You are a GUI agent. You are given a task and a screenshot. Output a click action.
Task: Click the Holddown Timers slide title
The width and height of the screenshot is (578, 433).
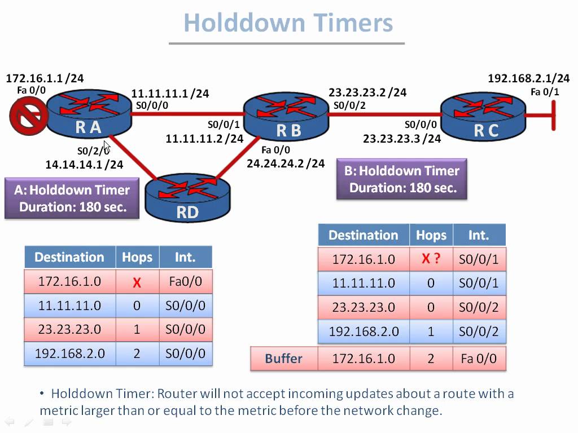pos(288,23)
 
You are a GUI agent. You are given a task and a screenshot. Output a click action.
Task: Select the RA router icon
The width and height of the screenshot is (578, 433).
pos(88,113)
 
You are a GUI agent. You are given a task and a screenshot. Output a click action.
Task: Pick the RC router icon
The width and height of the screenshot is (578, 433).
pos(484,117)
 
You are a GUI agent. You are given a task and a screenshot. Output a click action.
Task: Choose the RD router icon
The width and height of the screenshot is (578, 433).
pos(188,197)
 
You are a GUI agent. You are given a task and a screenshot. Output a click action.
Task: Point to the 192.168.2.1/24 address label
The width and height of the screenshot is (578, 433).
pos(528,79)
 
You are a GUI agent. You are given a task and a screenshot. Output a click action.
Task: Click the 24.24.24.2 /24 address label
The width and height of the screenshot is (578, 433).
pos(286,163)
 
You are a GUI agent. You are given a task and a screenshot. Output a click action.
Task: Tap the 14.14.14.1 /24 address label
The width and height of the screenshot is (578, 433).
pos(84,165)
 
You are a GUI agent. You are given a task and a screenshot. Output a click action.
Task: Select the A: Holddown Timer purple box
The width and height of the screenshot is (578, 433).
pos(72,198)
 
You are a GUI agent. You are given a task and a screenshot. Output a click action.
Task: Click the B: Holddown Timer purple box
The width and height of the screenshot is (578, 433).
pos(402,179)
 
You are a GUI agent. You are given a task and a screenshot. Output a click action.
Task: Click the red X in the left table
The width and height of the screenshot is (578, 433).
pos(137,282)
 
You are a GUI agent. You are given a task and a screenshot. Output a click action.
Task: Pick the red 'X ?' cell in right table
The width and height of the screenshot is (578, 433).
pos(431,259)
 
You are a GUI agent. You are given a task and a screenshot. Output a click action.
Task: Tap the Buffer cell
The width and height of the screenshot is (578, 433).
pos(283,359)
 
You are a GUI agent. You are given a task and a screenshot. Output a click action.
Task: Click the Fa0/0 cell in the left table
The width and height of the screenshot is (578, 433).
pos(185,281)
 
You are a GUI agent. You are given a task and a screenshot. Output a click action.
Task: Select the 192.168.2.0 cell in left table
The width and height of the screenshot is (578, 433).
pos(69,354)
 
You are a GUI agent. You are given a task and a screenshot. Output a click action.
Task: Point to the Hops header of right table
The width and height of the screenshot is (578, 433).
pos(431,235)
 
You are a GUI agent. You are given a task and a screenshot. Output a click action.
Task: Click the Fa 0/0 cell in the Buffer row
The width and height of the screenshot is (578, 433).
pos(479,359)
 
